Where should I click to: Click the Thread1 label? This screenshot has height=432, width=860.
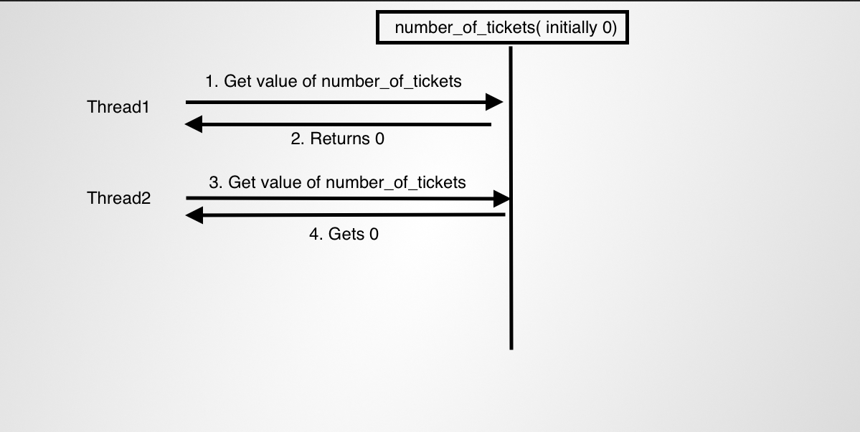(118, 108)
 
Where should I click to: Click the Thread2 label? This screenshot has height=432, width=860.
(119, 198)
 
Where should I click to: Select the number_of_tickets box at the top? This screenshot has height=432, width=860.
(503, 28)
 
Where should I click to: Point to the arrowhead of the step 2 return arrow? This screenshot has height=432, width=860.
(194, 125)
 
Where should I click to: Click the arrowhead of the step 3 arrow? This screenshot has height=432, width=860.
(501, 198)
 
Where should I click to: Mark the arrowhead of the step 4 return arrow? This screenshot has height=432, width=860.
(194, 215)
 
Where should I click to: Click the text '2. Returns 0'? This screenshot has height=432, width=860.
(337, 139)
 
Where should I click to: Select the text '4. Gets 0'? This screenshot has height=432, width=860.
(344, 234)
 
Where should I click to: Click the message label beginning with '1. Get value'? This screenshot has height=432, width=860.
(334, 81)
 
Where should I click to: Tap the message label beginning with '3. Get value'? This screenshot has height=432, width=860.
(337, 182)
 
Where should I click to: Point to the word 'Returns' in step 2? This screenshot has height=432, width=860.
(340, 139)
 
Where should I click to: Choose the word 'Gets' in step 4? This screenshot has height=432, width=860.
(346, 234)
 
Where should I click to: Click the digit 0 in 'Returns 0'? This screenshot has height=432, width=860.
(379, 139)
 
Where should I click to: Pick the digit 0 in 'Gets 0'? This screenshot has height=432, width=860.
(373, 234)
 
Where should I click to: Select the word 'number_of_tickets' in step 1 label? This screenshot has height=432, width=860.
(391, 82)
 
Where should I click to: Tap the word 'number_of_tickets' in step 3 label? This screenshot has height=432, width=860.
(395, 183)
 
